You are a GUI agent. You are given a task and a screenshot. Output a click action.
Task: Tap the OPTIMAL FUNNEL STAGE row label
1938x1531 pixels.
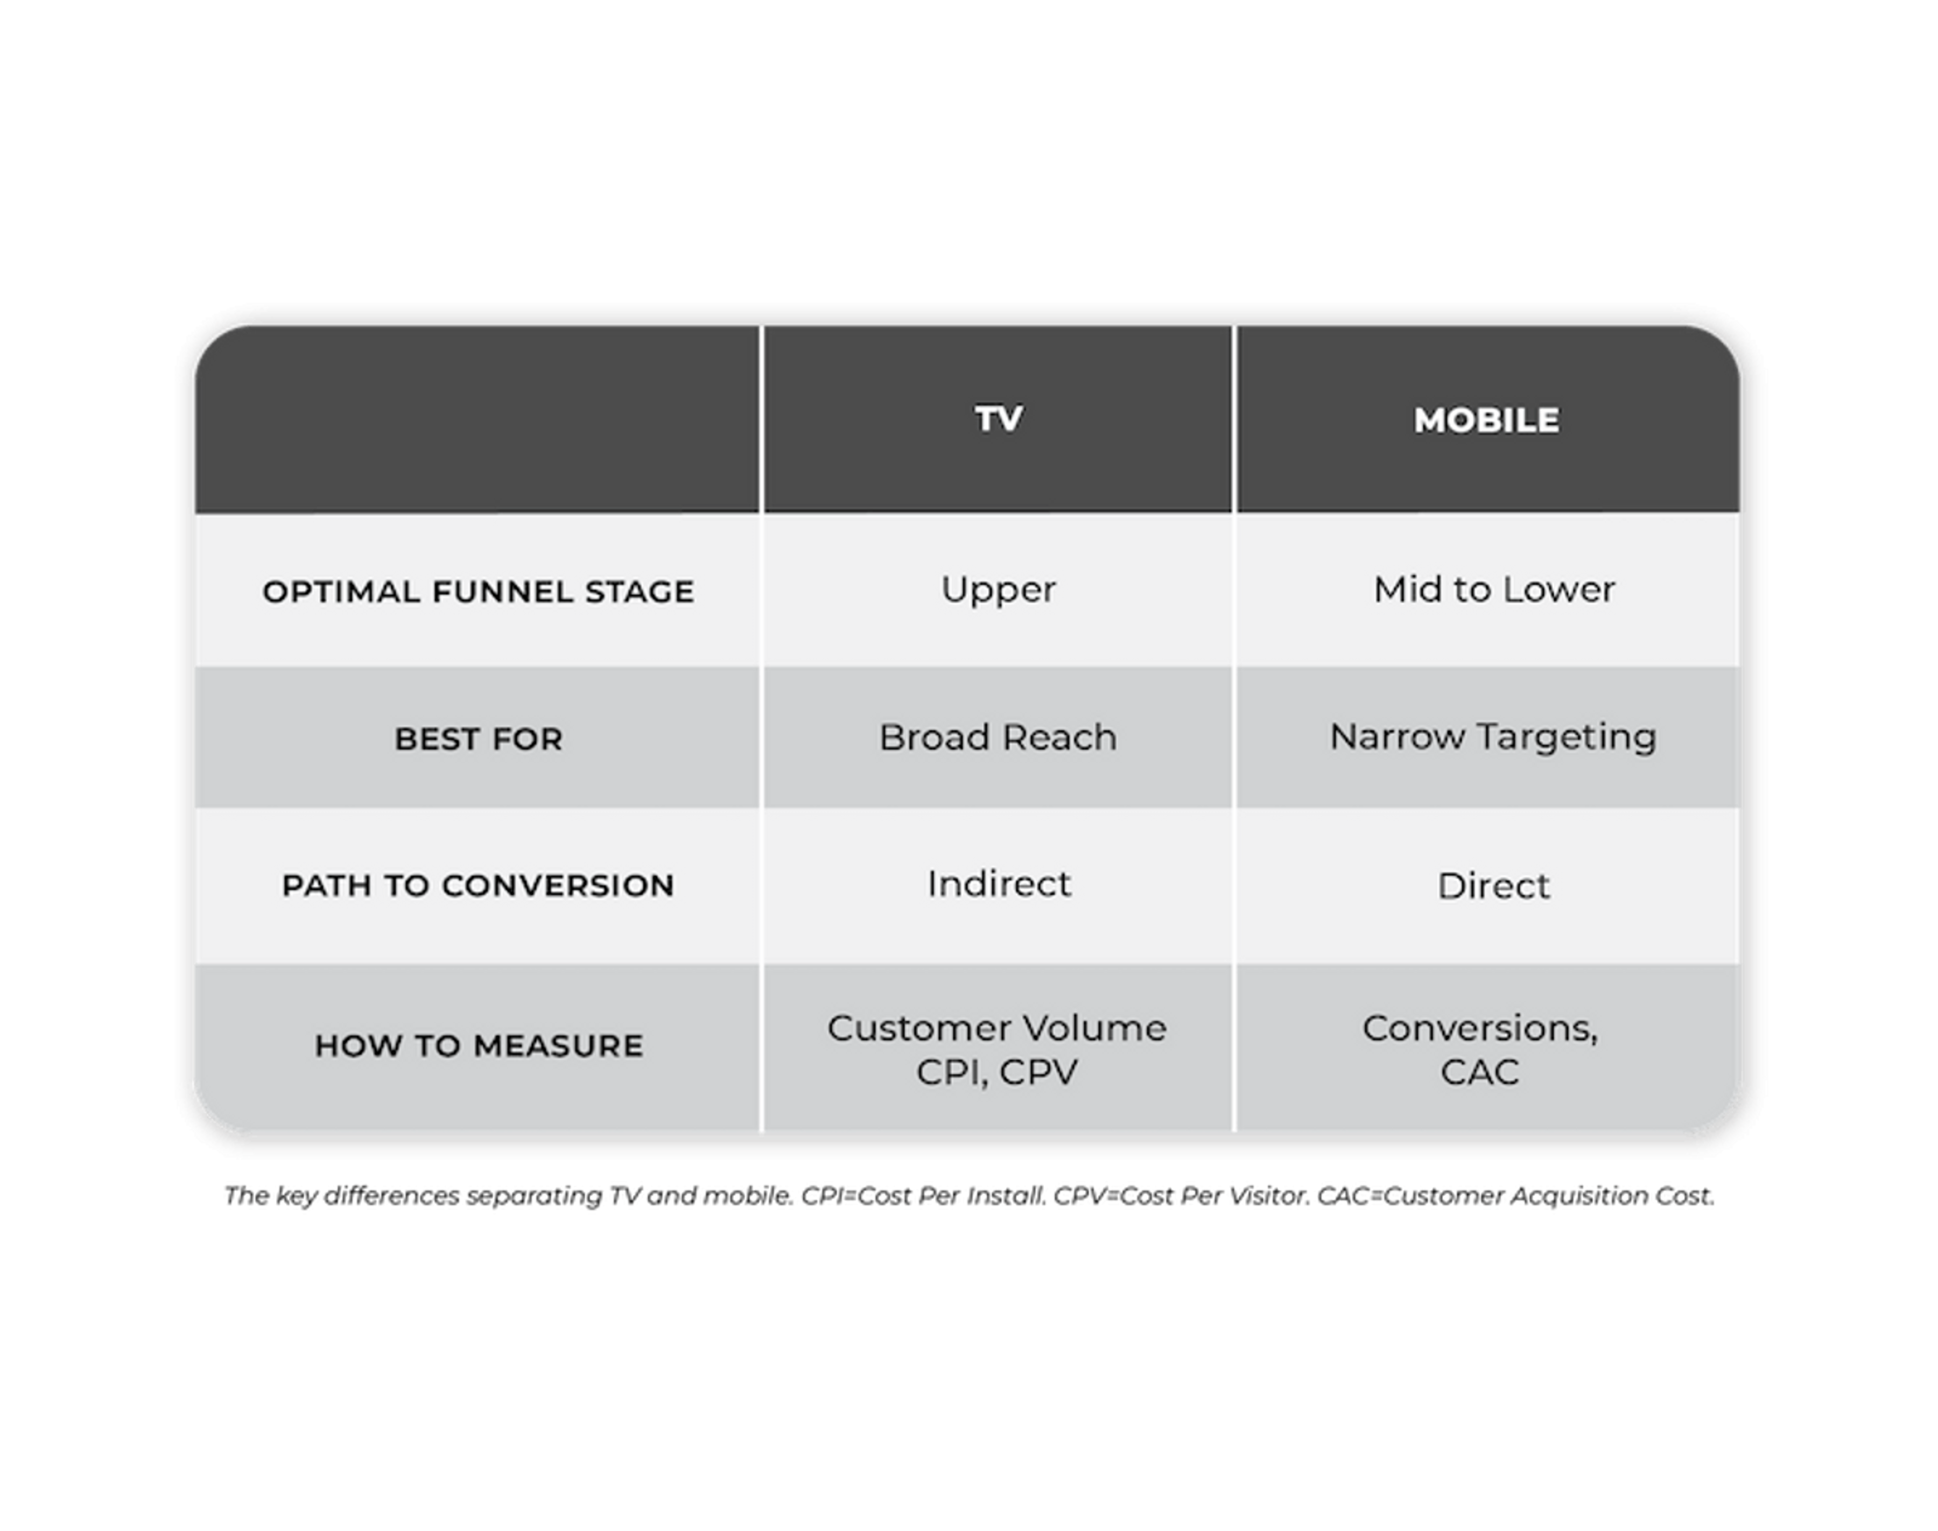coord(478,592)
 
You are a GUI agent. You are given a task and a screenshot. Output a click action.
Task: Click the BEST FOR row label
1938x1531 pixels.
coord(478,739)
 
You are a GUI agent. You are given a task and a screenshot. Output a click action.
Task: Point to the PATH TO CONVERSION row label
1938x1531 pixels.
coord(478,886)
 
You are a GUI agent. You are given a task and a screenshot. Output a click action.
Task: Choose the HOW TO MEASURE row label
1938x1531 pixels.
coord(478,1045)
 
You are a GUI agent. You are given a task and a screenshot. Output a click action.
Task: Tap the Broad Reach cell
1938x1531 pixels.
coord(998,738)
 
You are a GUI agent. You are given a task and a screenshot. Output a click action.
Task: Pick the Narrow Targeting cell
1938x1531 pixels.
coord(1492,738)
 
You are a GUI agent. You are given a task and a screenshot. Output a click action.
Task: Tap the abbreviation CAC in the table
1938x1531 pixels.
coord(1480,1072)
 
